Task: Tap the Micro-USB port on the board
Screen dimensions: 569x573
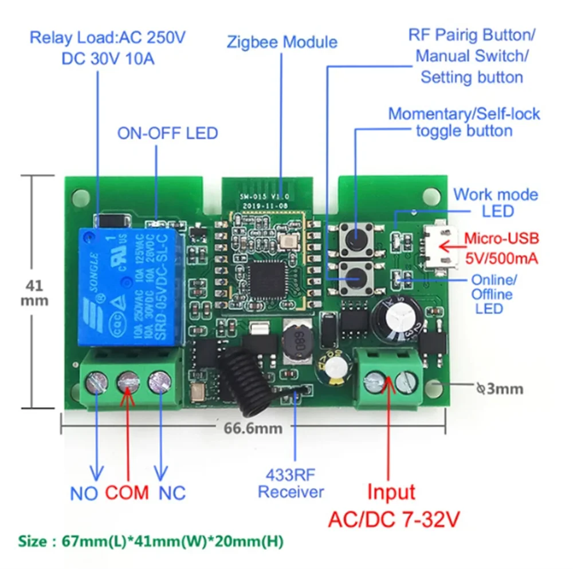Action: coord(441,247)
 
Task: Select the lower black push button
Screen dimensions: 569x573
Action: coord(355,277)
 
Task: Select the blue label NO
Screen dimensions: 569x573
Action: coord(84,493)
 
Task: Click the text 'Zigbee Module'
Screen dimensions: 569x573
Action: coord(282,42)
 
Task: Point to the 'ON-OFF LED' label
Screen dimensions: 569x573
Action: coord(168,133)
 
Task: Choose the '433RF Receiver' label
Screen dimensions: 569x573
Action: coord(291,483)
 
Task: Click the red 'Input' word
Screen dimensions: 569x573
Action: coord(391,492)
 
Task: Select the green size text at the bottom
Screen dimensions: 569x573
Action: coord(151,540)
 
